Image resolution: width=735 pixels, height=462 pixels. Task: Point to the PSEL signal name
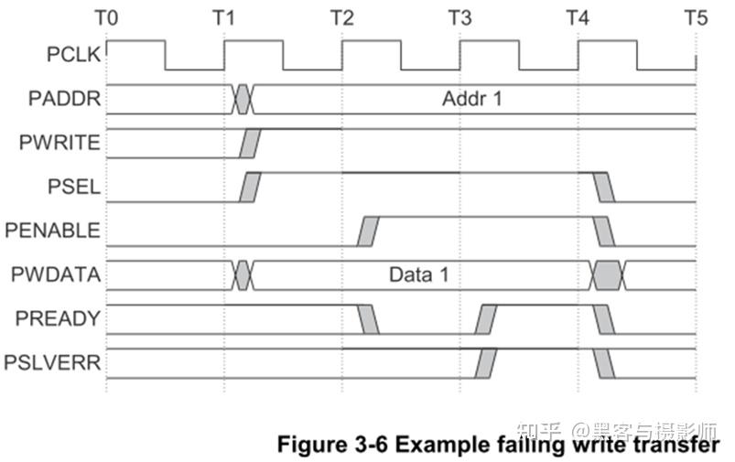coord(78,188)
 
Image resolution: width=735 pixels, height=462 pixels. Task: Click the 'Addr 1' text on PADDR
coord(472,99)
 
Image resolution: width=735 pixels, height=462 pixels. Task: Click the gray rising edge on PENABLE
coord(369,231)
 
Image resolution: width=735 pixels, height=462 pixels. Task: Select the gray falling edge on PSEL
coord(604,187)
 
